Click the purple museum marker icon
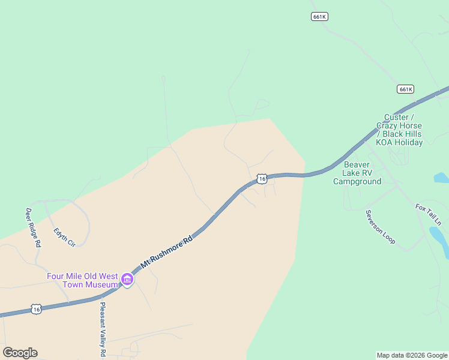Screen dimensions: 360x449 127,279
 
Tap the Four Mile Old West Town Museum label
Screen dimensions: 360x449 82,280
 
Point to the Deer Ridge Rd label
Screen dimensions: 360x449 33,227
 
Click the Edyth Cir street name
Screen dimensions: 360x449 64,236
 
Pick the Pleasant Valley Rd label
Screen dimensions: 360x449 103,329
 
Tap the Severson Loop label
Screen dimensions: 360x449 381,227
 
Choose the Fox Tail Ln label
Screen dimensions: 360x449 428,215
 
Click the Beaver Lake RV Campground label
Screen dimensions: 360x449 357,173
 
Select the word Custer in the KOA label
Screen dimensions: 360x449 396,117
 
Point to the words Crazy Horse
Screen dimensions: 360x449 399,125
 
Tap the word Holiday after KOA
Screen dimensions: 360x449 409,142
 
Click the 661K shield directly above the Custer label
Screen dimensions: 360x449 406,89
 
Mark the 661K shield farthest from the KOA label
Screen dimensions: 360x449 319,17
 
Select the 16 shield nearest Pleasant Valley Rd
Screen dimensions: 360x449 37,309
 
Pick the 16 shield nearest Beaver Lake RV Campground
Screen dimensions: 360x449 261,179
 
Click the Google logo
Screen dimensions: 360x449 20,353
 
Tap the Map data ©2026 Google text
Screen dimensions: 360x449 412,355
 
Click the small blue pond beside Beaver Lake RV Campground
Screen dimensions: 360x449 441,178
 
